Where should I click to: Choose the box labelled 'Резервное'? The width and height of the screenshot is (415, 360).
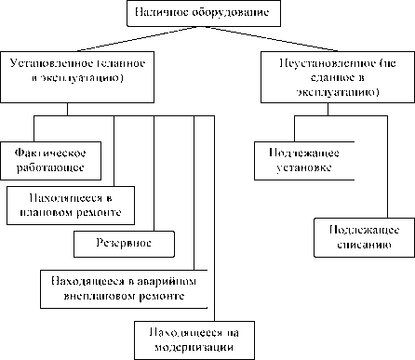pyautogui.click(x=125, y=244)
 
